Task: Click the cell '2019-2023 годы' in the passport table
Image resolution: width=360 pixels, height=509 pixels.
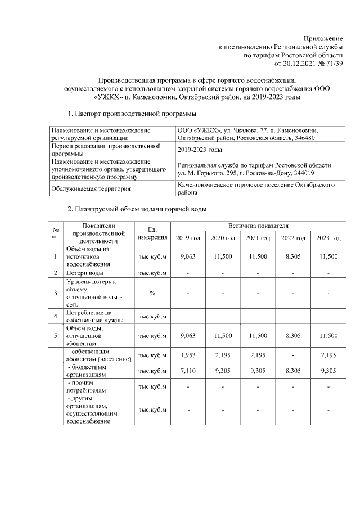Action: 200,150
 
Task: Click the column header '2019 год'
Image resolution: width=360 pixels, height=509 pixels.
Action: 189,238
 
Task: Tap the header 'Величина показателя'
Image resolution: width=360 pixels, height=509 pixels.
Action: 258,226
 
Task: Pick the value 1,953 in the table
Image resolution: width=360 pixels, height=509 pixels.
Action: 188,355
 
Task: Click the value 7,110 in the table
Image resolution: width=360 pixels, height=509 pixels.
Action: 188,371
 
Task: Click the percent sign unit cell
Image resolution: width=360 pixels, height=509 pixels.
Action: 152,292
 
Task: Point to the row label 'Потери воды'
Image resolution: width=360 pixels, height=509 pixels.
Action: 84,273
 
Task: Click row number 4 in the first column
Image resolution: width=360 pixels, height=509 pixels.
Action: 56,316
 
